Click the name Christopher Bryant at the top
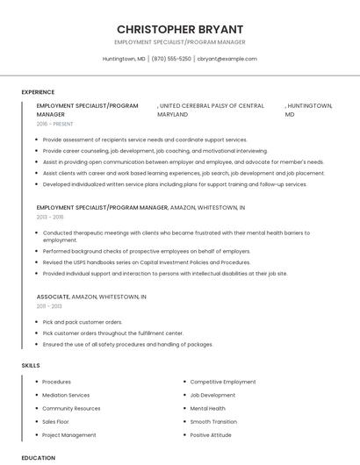point(180,29)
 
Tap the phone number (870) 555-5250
point(171,59)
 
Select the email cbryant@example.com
point(227,59)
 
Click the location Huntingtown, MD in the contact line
point(125,59)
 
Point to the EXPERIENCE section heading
point(38,92)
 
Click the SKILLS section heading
point(31,365)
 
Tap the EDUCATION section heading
point(39,458)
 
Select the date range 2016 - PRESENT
point(55,125)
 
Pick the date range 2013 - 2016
point(50,217)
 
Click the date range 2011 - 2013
point(49,306)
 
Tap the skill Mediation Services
point(66,395)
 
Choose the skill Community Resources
point(71,408)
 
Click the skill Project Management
point(69,434)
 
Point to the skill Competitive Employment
point(223,382)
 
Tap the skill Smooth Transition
point(213,421)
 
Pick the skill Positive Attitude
point(211,434)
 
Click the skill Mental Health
point(208,408)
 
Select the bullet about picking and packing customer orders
point(83,322)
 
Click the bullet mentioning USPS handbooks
point(146,262)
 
